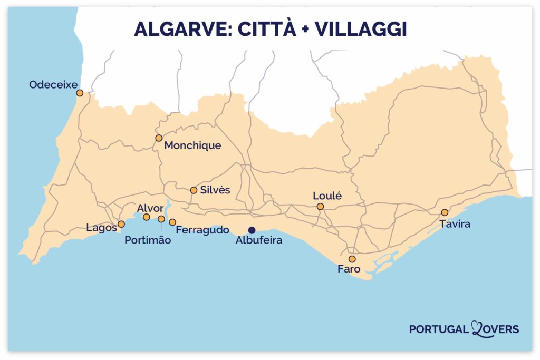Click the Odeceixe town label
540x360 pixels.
[53, 84]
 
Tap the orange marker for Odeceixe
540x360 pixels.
[80, 93]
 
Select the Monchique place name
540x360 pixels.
[192, 145]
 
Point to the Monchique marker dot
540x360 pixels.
[159, 138]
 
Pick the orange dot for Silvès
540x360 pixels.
[194, 190]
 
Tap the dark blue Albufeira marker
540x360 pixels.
[252, 230]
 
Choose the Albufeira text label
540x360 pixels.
[259, 240]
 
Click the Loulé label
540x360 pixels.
[327, 196]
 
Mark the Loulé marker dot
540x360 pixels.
[320, 207]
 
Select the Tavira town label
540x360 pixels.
[455, 224]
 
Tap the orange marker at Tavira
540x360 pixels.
[445, 212]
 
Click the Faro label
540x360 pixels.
[349, 269]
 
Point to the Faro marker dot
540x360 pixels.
[352, 259]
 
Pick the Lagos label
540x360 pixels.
[101, 228]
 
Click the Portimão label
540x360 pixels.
[148, 240]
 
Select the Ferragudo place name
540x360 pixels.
[202, 230]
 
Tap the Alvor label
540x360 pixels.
[150, 208]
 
